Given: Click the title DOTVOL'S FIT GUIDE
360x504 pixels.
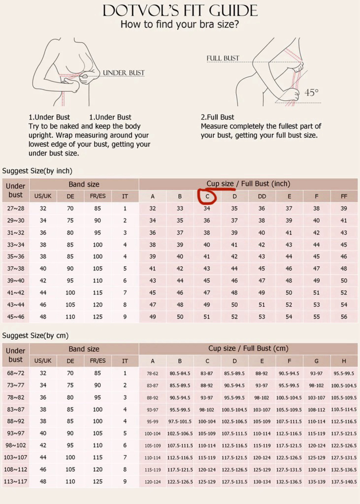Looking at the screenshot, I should pyautogui.click(x=180, y=10).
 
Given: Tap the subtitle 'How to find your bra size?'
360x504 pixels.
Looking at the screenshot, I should pyautogui.click(x=180, y=25).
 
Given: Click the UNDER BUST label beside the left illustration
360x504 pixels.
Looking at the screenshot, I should pyautogui.click(x=124, y=72).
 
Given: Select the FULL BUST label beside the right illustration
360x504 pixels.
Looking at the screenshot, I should pyautogui.click(x=223, y=58).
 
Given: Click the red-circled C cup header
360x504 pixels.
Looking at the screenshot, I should pyautogui.click(x=207, y=196).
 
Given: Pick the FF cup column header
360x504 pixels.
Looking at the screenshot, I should pyautogui.click(x=344, y=196).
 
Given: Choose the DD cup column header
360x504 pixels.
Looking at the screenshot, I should pyautogui.click(x=262, y=196).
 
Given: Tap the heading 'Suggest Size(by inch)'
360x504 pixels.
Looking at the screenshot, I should pyautogui.click(x=37, y=171).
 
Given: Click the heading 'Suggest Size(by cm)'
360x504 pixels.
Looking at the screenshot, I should pyautogui.click(x=36, y=336).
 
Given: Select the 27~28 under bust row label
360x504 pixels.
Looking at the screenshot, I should pyautogui.click(x=16, y=208).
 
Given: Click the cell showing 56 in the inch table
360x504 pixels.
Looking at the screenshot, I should pyautogui.click(x=344, y=317).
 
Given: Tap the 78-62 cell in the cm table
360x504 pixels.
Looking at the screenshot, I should pyautogui.click(x=153, y=373).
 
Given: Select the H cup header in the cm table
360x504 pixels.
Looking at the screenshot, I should pyautogui.click(x=344, y=361).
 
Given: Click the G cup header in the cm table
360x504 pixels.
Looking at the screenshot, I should pyautogui.click(x=317, y=361).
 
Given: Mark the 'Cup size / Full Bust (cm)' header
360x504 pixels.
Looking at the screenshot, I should pyautogui.click(x=248, y=348).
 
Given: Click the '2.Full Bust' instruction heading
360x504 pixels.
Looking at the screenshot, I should pyautogui.click(x=217, y=117).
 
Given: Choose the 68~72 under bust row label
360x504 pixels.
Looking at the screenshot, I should pyautogui.click(x=16, y=373).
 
